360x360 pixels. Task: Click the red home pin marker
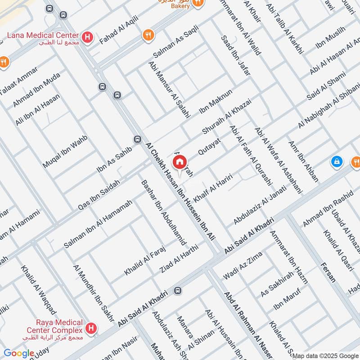tap(179, 162)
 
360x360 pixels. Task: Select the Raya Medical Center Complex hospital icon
tap(92, 329)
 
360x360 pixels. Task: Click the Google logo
tap(18, 353)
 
